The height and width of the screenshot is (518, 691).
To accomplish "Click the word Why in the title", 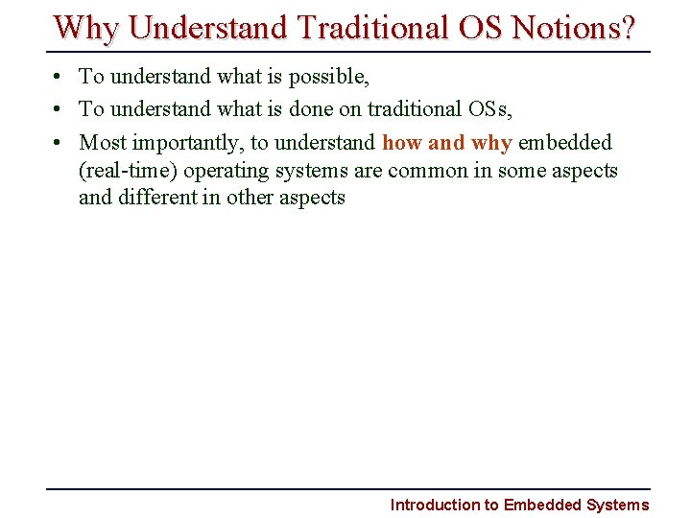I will pos(87,28).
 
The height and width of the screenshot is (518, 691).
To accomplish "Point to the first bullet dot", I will pos(60,77).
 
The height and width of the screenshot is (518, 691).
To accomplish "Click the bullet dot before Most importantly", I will pos(60,144).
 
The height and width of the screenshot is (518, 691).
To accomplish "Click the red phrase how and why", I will pos(446,143).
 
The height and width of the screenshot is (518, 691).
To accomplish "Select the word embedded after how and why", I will pos(564,143).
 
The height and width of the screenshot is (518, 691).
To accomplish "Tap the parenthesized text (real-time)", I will pos(128,171).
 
